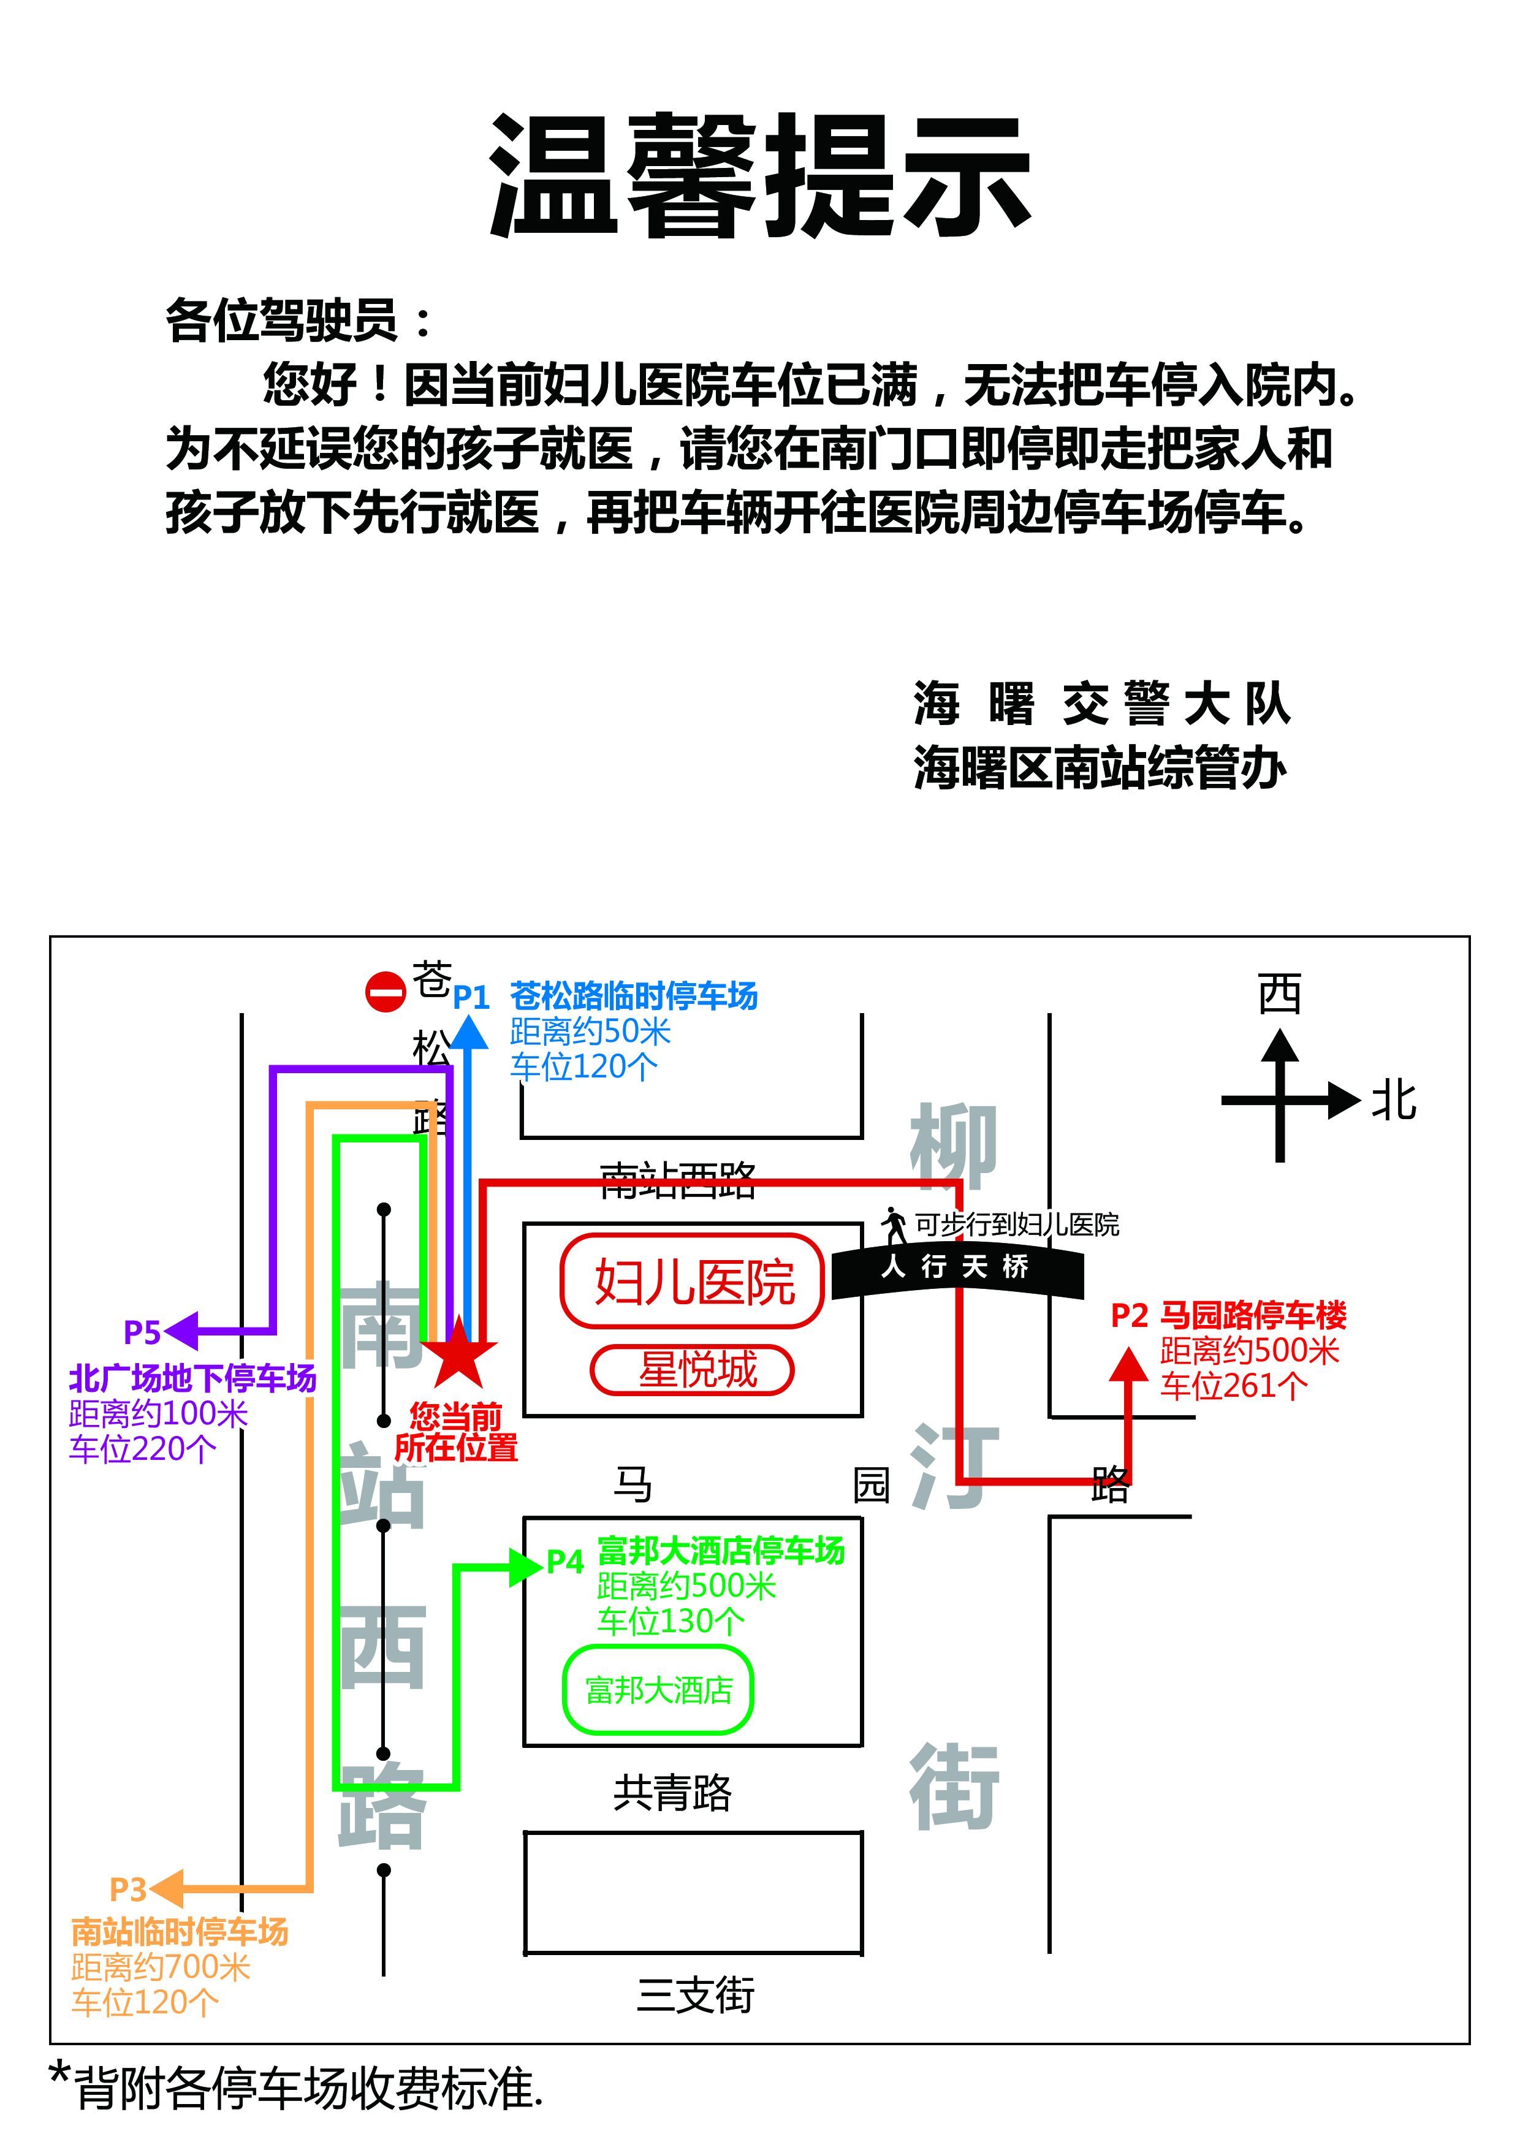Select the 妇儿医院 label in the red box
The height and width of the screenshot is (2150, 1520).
pos(694,1282)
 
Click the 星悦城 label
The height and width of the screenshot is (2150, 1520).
pos(697,1370)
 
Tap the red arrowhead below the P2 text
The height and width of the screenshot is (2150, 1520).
pos(1128,1364)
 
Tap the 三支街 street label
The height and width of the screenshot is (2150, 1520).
pos(695,1994)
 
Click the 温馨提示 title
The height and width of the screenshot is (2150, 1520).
pos(759,175)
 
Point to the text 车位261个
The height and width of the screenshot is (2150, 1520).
pos(1233,1386)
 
